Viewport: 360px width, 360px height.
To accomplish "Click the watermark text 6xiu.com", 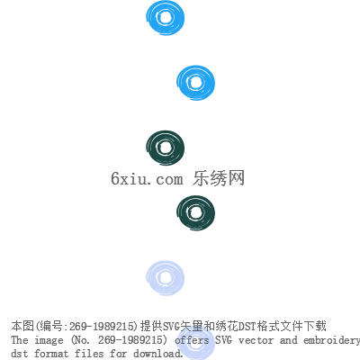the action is click(147, 178).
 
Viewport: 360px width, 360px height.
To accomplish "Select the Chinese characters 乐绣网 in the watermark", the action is click(219, 178).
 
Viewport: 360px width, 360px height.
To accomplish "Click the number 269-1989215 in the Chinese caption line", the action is click(101, 327).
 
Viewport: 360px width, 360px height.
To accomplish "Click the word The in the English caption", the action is click(20, 340).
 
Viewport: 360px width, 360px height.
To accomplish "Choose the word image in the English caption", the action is click(49, 341).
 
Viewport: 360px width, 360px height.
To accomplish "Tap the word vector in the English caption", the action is click(256, 340).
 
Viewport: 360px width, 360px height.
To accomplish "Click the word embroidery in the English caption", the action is click(331, 341).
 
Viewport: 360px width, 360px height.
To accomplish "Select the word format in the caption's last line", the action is click(51, 354).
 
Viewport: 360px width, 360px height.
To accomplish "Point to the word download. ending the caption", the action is click(158, 354).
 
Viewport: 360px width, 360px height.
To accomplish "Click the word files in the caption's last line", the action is click(89, 354).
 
